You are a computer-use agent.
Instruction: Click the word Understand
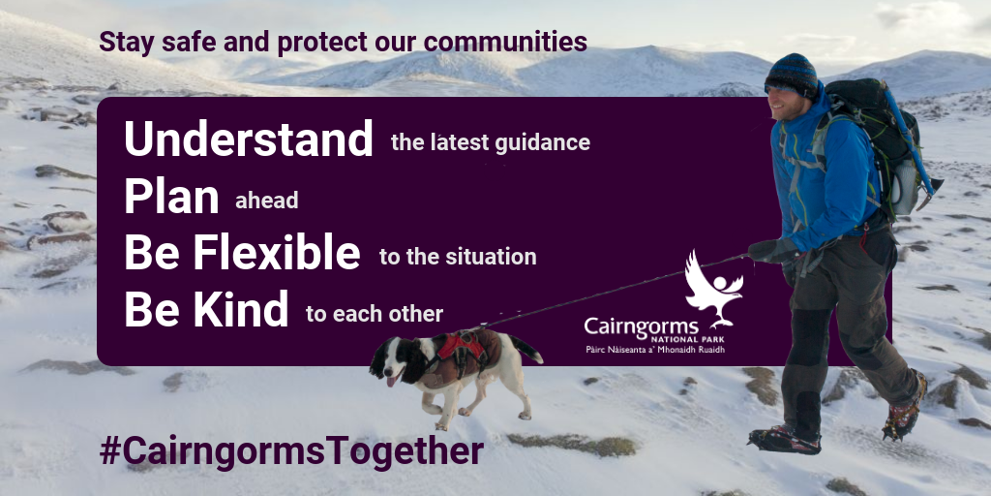point(249,139)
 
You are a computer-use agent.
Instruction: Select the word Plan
point(171,196)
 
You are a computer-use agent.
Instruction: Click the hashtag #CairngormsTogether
point(291,451)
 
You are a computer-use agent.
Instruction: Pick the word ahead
point(267,201)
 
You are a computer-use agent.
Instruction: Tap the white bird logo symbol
point(713,289)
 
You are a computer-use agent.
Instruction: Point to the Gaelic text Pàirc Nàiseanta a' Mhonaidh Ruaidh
point(655,349)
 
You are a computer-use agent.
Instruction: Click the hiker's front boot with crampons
point(784,439)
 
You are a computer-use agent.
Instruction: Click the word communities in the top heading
point(505,43)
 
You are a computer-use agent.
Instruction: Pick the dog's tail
point(526,349)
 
